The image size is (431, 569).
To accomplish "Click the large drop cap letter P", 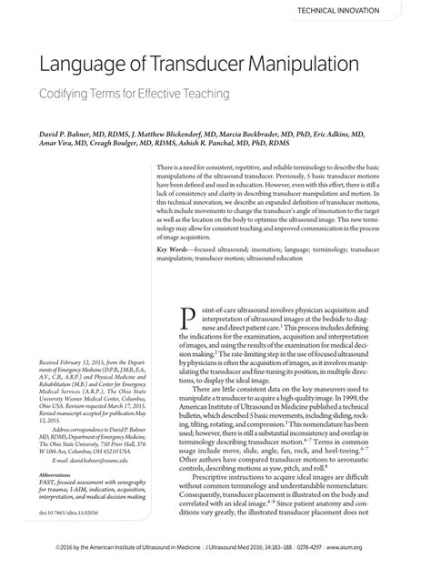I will pyautogui.click(x=189, y=318).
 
